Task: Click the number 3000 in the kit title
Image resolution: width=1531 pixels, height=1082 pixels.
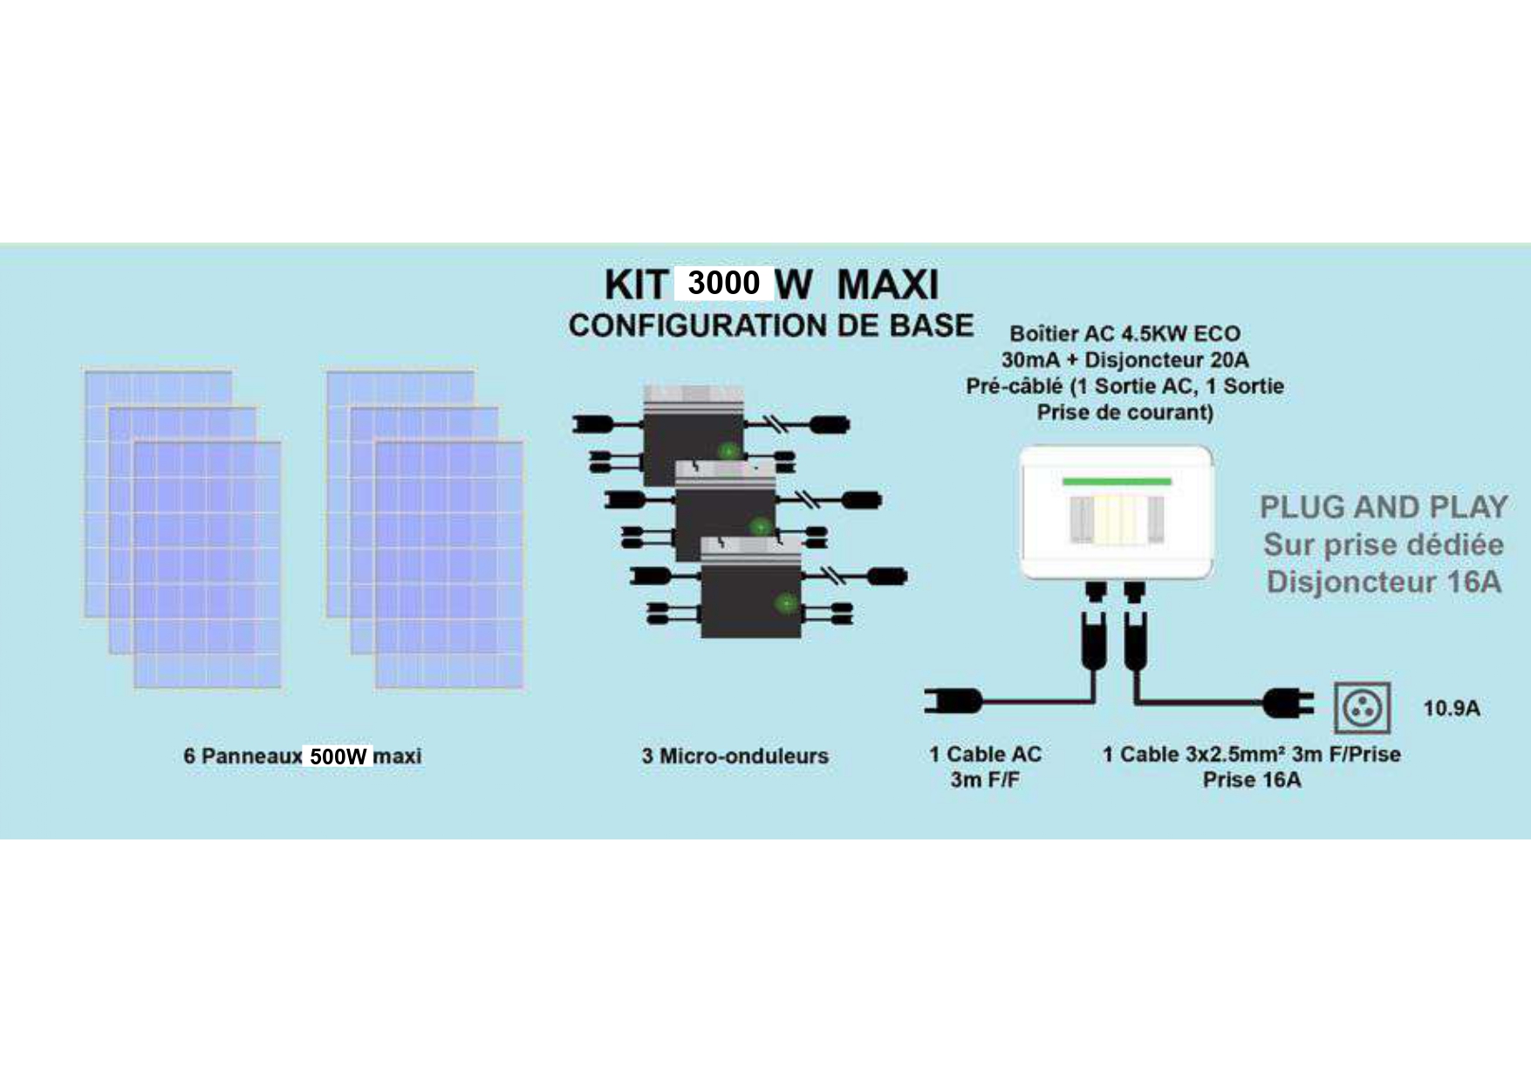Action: pyautogui.click(x=723, y=283)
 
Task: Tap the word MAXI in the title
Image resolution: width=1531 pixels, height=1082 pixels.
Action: pyautogui.click(x=887, y=284)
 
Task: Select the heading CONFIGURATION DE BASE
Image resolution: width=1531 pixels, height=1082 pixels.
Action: pyautogui.click(x=771, y=325)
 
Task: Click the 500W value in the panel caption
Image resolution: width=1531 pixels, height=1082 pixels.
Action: pyautogui.click(x=338, y=756)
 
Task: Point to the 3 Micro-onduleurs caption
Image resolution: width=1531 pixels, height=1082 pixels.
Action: pyautogui.click(x=735, y=756)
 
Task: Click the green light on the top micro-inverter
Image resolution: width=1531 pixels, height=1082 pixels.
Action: pyautogui.click(x=728, y=451)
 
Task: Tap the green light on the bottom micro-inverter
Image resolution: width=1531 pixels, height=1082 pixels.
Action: pyautogui.click(x=786, y=603)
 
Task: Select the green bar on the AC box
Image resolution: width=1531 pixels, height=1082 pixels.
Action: pyautogui.click(x=1117, y=482)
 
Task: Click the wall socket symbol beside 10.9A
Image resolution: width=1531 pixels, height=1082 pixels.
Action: pyautogui.click(x=1362, y=709)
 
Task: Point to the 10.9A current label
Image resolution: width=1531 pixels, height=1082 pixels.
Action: pyautogui.click(x=1452, y=709)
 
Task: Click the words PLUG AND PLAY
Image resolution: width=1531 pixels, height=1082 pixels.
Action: pyautogui.click(x=1384, y=507)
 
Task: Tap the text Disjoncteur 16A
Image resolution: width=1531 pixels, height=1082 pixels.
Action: pyautogui.click(x=1384, y=582)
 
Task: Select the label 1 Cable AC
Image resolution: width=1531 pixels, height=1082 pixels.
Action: pyautogui.click(x=985, y=754)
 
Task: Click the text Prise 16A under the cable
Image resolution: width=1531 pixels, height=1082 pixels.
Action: pyautogui.click(x=1252, y=780)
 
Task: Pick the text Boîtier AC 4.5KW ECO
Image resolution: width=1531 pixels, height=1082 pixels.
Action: pyautogui.click(x=1124, y=333)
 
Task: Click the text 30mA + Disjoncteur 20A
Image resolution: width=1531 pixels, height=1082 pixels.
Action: pyautogui.click(x=1124, y=360)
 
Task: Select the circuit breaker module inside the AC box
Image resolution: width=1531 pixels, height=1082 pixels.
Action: pyautogui.click(x=1117, y=519)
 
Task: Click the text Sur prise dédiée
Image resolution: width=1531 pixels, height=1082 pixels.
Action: pyautogui.click(x=1384, y=544)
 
